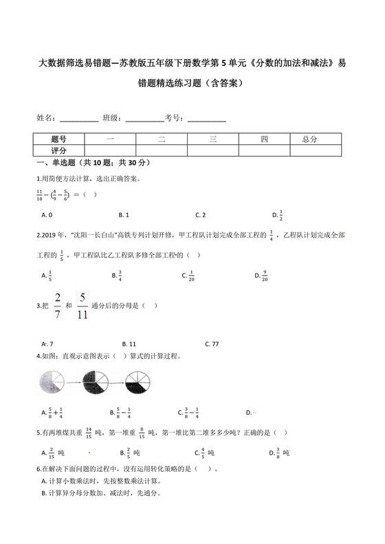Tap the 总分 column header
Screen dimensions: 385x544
pyautogui.click(x=309, y=139)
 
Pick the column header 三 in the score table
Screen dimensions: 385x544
pyautogui.click(x=213, y=139)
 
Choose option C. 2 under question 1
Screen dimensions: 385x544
pyautogui.click(x=201, y=215)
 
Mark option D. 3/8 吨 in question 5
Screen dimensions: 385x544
pyautogui.click(x=281, y=453)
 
